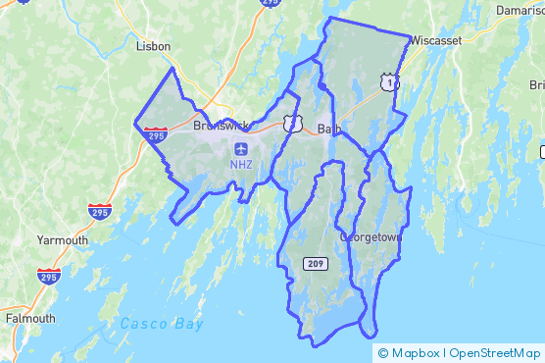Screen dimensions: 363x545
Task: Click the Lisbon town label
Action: (153, 46)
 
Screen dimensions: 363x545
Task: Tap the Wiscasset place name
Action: (436, 41)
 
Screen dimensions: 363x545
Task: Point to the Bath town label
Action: (328, 129)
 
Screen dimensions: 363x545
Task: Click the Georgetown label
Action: (371, 236)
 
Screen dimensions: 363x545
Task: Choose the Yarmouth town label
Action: (62, 239)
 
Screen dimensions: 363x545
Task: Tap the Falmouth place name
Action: (29, 319)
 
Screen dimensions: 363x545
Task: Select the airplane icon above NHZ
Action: (241, 148)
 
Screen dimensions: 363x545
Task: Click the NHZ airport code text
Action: (241, 164)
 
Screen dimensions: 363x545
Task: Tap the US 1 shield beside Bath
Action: (292, 122)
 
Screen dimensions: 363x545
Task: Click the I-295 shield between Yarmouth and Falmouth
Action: (47, 277)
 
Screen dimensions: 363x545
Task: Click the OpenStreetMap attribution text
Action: (495, 353)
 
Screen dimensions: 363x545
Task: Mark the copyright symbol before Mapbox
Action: (382, 353)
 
